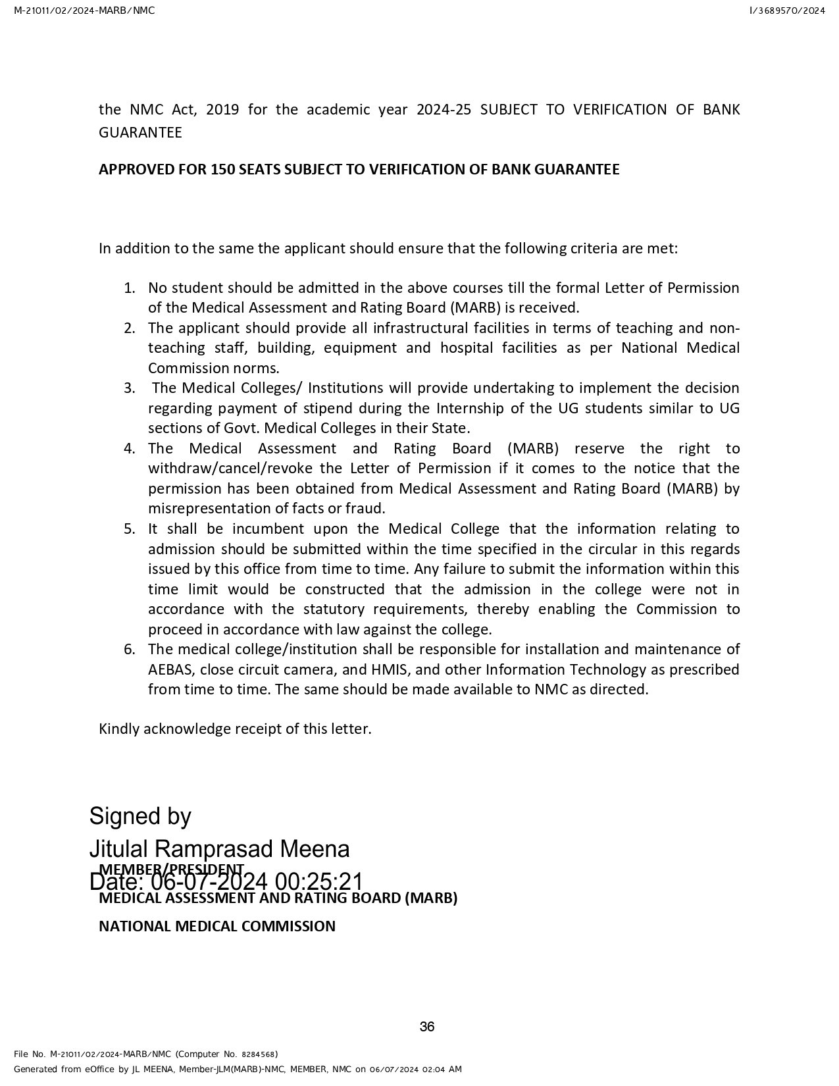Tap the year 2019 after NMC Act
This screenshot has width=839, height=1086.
222,109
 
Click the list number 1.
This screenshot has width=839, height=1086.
129,288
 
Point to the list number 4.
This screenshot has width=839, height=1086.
129,449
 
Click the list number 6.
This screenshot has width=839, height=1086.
129,650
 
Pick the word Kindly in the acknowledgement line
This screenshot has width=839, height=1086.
118,729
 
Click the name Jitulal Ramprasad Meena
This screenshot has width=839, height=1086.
219,849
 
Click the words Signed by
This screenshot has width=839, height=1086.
140,816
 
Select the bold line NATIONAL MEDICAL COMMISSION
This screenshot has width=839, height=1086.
216,927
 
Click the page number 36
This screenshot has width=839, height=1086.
427,1027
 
